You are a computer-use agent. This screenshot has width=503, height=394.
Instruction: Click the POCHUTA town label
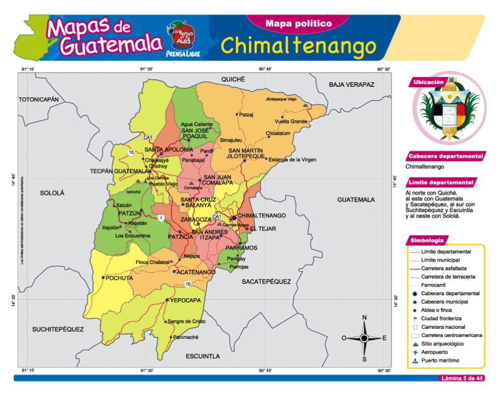pyautogui.click(x=120, y=278)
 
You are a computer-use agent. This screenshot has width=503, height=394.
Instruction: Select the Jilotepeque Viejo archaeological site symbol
pyautogui.click(x=306, y=105)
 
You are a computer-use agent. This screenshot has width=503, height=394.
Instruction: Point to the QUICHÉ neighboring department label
pyautogui.click(x=233, y=79)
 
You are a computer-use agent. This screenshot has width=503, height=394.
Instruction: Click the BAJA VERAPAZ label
pyautogui.click(x=352, y=84)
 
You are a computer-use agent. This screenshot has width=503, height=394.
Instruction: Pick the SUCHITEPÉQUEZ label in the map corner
pyautogui.click(x=58, y=329)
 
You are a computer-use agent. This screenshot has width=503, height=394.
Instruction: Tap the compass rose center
pyautogui.click(x=364, y=338)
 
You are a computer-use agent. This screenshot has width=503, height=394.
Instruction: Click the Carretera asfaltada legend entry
pyautogui.click(x=444, y=269)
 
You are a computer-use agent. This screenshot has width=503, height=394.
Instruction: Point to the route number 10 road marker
pyautogui.click(x=188, y=285)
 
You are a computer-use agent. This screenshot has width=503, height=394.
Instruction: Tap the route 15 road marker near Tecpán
pyautogui.click(x=131, y=153)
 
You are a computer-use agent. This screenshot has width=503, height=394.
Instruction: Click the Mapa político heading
pyautogui.click(x=298, y=24)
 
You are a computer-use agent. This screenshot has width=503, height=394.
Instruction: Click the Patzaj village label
pyautogui.click(x=246, y=114)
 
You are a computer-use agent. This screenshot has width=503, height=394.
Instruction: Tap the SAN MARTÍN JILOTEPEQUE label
pyautogui.click(x=246, y=154)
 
